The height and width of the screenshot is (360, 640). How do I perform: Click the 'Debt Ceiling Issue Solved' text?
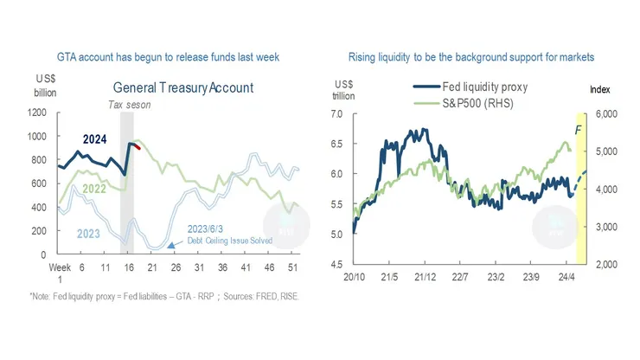tap(231, 240)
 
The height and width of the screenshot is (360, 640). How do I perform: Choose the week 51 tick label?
tap(294, 268)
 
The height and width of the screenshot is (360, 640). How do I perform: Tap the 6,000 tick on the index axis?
tap(604, 113)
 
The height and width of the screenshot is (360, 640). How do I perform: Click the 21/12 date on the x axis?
tap(423, 278)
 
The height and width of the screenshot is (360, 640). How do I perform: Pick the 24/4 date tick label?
tap(566, 278)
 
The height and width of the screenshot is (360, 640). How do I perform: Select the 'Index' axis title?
tap(600, 90)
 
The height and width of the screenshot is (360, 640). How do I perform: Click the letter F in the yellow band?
tap(579, 130)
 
